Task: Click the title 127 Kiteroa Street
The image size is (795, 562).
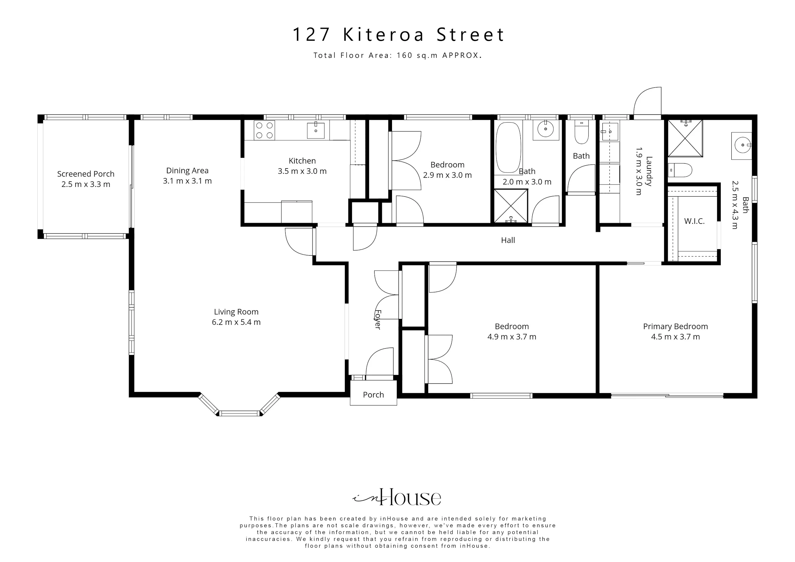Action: coord(398,35)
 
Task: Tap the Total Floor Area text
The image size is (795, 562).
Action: coord(398,55)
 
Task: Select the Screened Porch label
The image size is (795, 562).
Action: coord(86,174)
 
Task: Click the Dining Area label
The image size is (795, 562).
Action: coord(187,170)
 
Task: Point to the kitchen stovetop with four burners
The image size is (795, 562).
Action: coord(264,130)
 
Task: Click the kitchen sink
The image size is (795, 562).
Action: coord(316,130)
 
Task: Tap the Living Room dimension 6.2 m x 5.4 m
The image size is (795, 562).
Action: coord(236,322)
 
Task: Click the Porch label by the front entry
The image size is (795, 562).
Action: coord(373,395)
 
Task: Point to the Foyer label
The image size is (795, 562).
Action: coord(378,320)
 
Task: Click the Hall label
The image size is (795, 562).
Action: coord(508,240)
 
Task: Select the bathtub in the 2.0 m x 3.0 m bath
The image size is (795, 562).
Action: coord(508,147)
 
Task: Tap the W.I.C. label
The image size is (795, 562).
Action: coord(694,221)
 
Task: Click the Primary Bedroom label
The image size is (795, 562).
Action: coord(675,326)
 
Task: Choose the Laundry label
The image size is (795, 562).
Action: coord(649,172)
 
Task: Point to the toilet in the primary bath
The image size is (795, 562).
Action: coord(680,170)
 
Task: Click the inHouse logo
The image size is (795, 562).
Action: coord(397,497)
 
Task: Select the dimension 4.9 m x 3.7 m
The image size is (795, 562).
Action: coord(512,337)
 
